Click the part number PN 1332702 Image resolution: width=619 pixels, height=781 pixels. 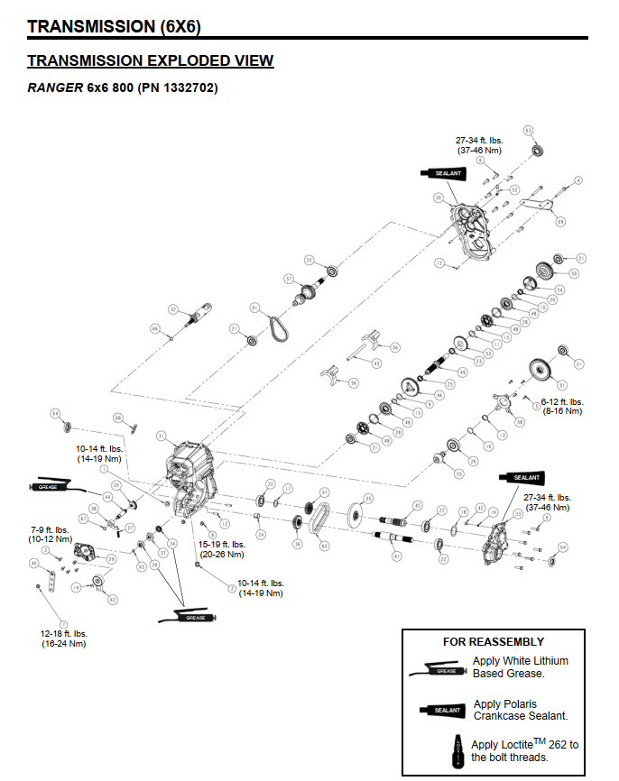point(177,87)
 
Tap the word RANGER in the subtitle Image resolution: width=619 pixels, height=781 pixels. point(55,87)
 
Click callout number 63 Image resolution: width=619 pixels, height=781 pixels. point(529,131)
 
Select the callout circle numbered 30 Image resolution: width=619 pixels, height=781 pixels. point(438,198)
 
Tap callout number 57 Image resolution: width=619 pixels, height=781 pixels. point(290,278)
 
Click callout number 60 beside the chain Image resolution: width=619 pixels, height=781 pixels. point(325,546)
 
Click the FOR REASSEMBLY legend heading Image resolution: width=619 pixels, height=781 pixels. point(493,642)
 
